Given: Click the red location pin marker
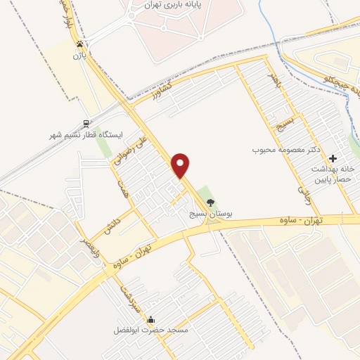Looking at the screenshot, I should click(x=181, y=165).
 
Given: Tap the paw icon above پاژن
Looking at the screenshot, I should click(x=79, y=44).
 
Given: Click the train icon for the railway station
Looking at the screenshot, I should click(x=86, y=123).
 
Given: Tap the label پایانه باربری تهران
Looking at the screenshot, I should click(x=162, y=4).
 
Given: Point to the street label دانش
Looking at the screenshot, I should click(x=109, y=225).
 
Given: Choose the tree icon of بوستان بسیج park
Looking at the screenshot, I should click(x=210, y=202).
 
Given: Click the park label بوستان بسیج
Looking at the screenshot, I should click(x=210, y=213).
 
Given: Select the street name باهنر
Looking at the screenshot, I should click(x=274, y=79).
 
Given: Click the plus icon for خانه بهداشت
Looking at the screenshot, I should click(x=333, y=158).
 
